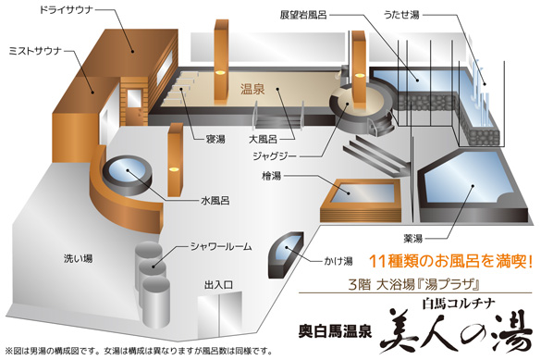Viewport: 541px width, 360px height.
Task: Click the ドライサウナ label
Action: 67,10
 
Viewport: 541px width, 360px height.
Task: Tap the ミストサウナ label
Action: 35,52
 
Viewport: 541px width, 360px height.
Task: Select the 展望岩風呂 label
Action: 303,15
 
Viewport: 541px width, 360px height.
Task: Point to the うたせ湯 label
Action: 401,15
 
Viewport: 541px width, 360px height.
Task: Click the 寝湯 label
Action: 215,140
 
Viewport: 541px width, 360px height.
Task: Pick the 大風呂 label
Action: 264,139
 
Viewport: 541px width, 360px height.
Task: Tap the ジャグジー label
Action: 275,156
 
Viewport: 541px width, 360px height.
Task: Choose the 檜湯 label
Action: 272,176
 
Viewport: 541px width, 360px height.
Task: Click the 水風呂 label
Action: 215,201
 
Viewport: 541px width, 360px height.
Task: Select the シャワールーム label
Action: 221,246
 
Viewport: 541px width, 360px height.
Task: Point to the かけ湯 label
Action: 338,261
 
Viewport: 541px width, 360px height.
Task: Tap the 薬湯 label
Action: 413,238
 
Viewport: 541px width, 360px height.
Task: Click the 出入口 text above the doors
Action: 219,285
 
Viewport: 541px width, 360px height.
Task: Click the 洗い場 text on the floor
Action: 79,258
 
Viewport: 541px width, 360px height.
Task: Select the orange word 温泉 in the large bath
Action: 252,90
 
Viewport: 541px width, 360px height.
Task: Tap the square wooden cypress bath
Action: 361,200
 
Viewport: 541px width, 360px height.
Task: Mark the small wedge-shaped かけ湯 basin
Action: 286,254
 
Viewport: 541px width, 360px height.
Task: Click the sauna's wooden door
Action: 133,106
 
